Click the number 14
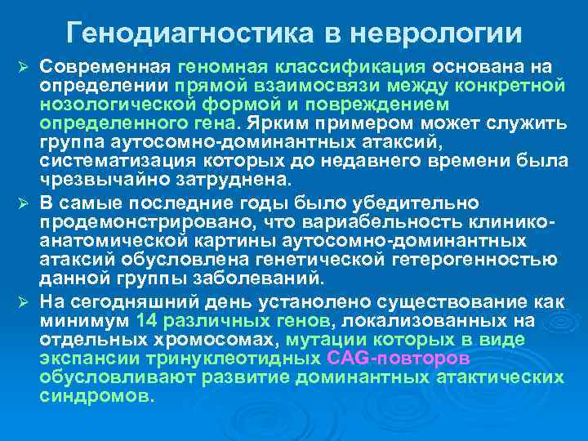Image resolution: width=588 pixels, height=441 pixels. tap(148, 319)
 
